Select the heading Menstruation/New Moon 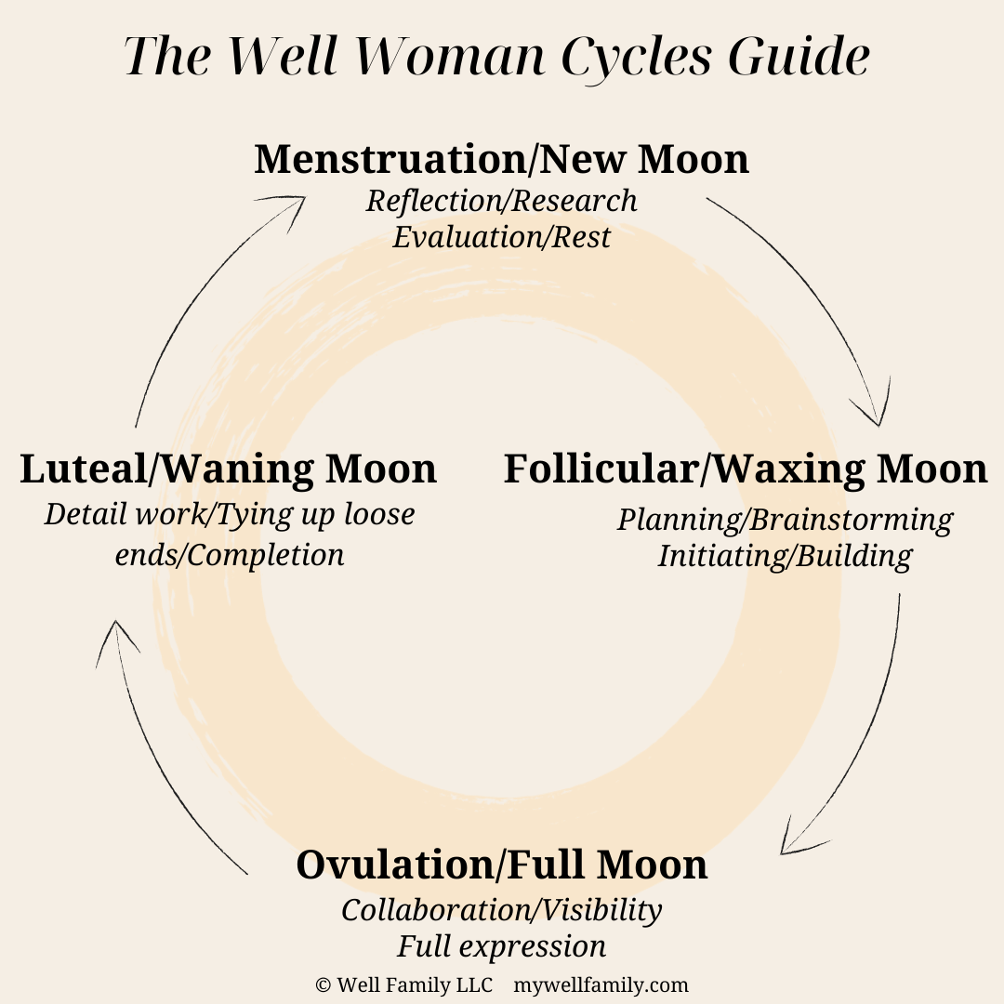[501, 159]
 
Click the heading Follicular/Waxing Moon [745, 469]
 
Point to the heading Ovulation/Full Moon [501, 865]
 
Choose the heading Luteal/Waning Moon [228, 469]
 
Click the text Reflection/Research [501, 201]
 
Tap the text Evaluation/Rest [501, 237]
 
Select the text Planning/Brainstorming [785, 520]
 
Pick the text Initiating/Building [785, 556]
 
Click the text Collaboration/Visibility [501, 910]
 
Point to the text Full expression [501, 946]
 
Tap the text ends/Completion [229, 555]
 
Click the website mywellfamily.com [601, 984]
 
